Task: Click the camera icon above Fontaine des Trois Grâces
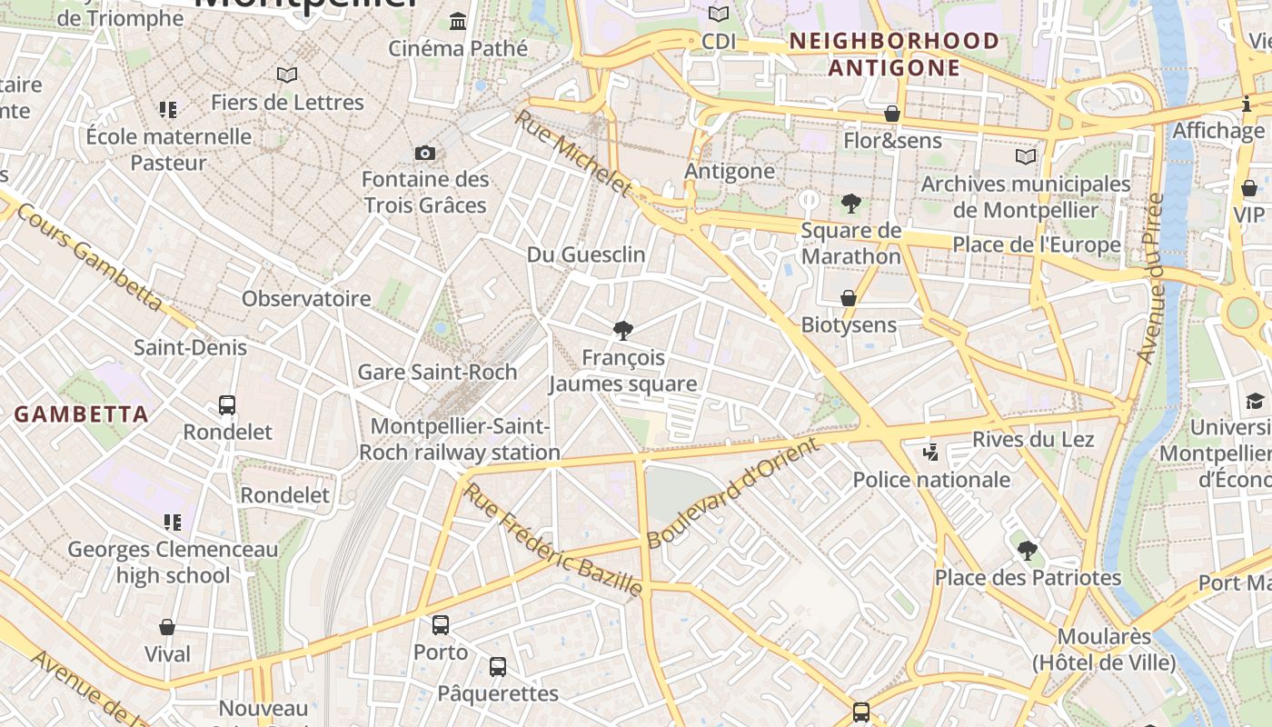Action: [424, 153]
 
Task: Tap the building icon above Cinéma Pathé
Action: [458, 21]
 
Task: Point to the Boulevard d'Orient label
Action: [733, 493]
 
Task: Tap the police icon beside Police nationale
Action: [929, 452]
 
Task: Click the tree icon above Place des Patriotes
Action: [1028, 550]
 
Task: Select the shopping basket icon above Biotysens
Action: [848, 298]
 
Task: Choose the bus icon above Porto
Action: [441, 625]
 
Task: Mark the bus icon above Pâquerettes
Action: [498, 667]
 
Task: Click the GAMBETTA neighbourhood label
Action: [81, 414]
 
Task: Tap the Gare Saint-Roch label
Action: [437, 372]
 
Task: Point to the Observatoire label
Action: [306, 298]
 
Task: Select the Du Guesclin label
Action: [586, 254]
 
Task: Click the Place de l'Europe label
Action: [1036, 244]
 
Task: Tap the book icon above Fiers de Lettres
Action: [287, 75]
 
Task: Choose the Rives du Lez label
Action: [1033, 439]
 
